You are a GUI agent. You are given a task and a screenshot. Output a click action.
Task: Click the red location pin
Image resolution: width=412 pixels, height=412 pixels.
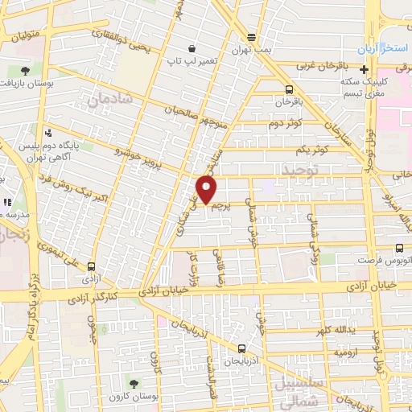[208, 189]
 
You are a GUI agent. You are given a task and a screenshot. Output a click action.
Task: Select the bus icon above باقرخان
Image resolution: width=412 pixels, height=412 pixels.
[289, 90]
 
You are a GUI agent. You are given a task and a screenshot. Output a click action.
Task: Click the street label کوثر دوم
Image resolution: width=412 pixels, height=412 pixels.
[285, 123]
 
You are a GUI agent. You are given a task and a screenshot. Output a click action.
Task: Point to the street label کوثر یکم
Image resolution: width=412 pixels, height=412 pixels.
[311, 150]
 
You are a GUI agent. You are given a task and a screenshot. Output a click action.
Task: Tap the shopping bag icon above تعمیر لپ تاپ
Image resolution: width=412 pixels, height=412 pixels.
[190, 48]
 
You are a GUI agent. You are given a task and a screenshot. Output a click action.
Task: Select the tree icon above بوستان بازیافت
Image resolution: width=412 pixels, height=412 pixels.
[24, 71]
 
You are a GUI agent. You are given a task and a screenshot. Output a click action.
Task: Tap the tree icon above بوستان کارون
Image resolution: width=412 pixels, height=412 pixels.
[133, 383]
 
